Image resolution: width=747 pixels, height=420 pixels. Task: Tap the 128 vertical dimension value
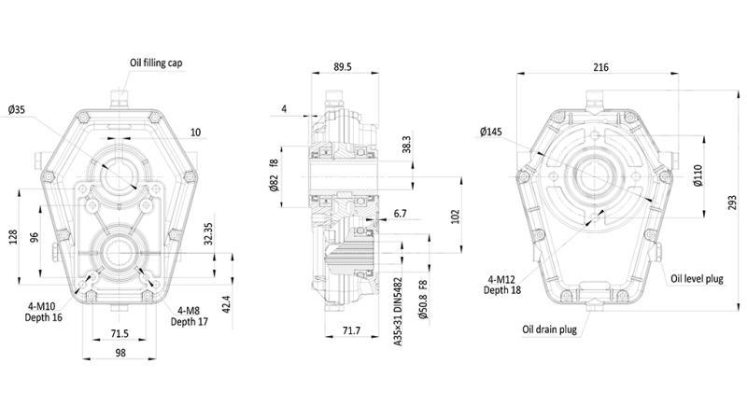(x=12, y=238)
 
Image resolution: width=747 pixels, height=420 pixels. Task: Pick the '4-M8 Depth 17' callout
(x=189, y=315)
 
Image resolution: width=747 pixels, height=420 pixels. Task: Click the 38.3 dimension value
(x=406, y=147)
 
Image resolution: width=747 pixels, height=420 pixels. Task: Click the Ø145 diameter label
(x=492, y=133)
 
